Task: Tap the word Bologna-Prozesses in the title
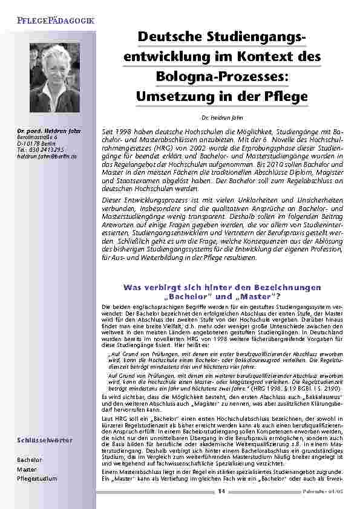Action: pyautogui.click(x=223, y=76)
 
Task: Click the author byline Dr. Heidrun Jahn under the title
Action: pyautogui.click(x=223, y=117)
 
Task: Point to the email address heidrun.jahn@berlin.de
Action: pyautogui.click(x=47, y=156)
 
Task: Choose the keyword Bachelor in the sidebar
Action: pyautogui.click(x=30, y=459)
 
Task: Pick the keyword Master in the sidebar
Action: pyautogui.click(x=27, y=469)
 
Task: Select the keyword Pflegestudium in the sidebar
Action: pyautogui.click(x=38, y=479)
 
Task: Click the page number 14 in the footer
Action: pyautogui.click(x=221, y=491)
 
